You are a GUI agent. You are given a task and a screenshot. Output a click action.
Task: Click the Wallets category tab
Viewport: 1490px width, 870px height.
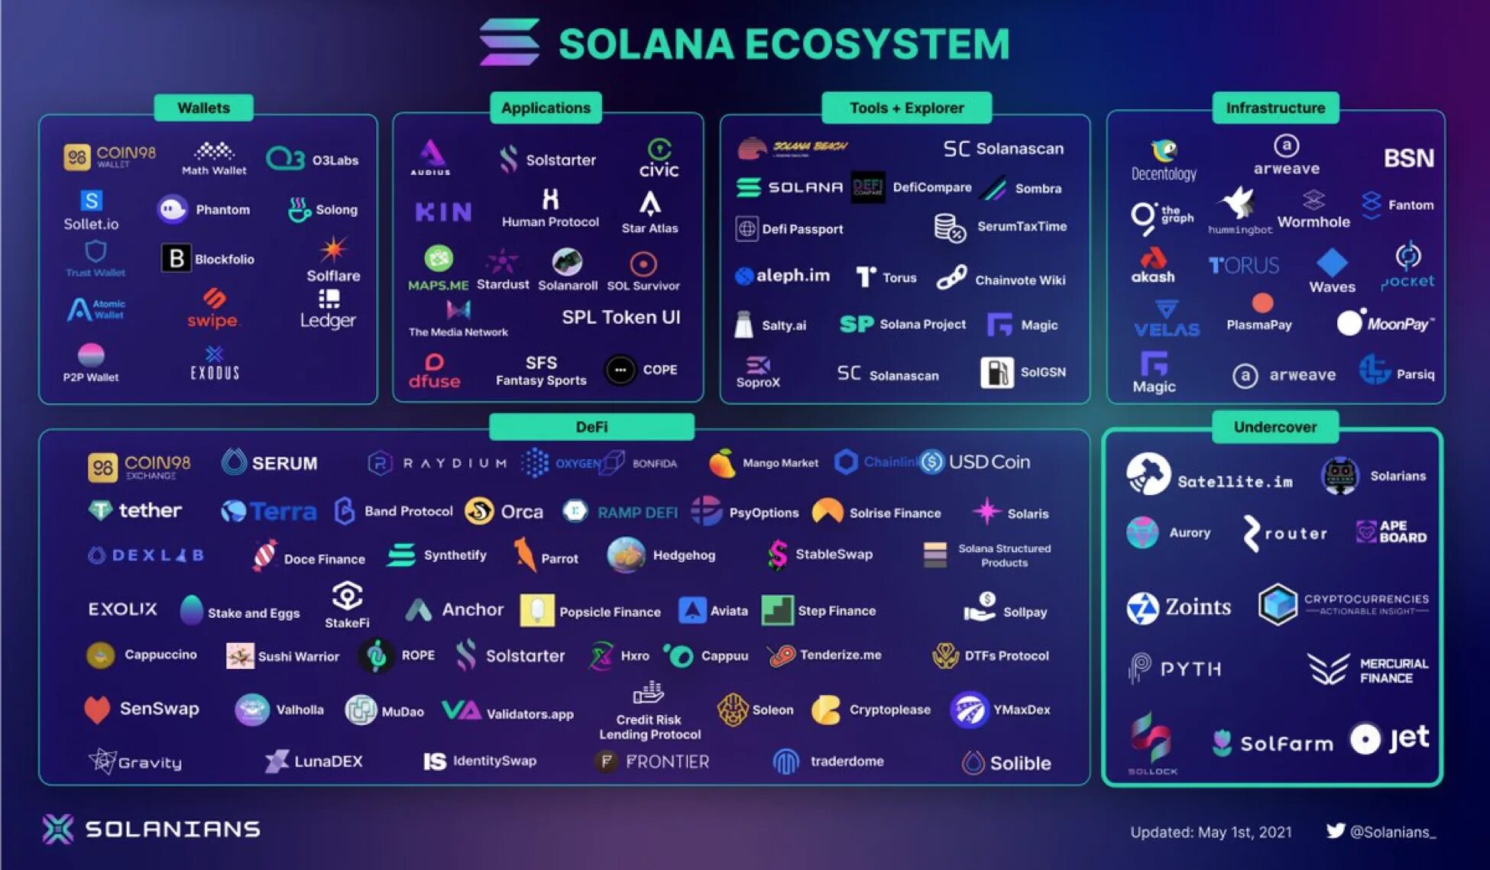point(203,108)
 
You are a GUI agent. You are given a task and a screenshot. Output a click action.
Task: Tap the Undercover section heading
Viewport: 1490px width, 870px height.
point(1275,427)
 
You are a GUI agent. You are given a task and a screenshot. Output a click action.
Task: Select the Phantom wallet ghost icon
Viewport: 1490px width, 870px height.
point(173,209)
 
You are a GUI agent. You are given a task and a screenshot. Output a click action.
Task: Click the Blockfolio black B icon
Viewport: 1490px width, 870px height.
point(176,259)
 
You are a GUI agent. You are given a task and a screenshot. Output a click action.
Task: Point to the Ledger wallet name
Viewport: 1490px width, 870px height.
point(328,320)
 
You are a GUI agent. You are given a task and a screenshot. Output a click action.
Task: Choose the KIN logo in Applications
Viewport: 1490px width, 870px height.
point(443,212)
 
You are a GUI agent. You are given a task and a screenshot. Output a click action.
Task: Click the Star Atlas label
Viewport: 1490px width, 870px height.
point(649,228)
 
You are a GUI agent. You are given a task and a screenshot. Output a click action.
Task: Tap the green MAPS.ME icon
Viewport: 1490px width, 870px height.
point(439,260)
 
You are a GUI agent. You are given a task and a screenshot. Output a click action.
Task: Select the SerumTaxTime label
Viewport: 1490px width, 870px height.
point(1022,226)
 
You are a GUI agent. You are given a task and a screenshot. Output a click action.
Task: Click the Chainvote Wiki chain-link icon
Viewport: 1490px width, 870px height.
point(951,277)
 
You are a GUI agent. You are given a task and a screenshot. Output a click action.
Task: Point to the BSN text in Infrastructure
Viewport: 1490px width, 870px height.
point(1408,158)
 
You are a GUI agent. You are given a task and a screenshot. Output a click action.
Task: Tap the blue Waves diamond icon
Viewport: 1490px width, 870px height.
point(1332,263)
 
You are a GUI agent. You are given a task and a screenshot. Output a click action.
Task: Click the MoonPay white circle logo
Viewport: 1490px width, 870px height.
point(1349,323)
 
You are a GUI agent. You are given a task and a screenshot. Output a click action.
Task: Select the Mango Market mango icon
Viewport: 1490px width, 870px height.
point(721,463)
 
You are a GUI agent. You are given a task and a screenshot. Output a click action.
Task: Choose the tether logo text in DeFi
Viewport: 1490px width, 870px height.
point(150,510)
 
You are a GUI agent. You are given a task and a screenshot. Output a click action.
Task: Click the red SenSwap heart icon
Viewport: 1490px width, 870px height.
point(97,710)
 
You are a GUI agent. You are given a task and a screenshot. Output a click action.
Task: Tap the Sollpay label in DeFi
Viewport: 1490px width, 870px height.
point(1025,612)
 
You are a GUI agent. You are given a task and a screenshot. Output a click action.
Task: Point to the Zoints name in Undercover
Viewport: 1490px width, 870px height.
point(1197,607)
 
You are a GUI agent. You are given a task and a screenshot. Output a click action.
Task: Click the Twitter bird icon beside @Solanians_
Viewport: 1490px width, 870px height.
point(1335,831)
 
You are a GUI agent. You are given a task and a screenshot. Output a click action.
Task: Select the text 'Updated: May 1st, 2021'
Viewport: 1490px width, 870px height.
point(1210,832)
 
